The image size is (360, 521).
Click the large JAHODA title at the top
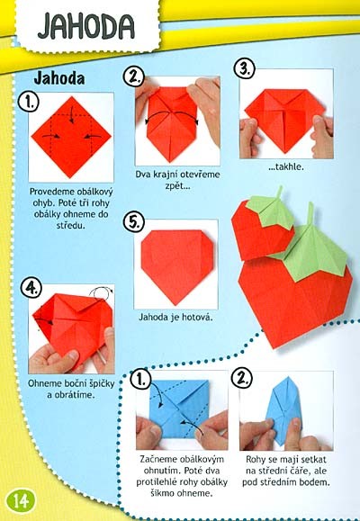[86, 26]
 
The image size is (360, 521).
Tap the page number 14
[21, 500]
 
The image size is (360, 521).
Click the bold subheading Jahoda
[59, 78]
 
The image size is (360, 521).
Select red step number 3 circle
[245, 68]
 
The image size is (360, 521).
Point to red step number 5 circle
[133, 221]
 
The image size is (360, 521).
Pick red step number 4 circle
[31, 287]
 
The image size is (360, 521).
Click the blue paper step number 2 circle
[241, 378]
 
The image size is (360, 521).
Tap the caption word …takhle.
[286, 166]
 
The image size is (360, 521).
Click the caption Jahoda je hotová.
[175, 318]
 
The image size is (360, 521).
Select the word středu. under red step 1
[71, 226]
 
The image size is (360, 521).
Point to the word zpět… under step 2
[177, 185]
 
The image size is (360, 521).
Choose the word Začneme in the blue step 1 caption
[159, 460]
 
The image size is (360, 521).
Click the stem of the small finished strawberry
[279, 192]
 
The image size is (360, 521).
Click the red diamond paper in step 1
[71, 138]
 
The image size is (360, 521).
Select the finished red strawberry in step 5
[176, 265]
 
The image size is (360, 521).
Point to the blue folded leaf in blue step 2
[283, 410]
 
